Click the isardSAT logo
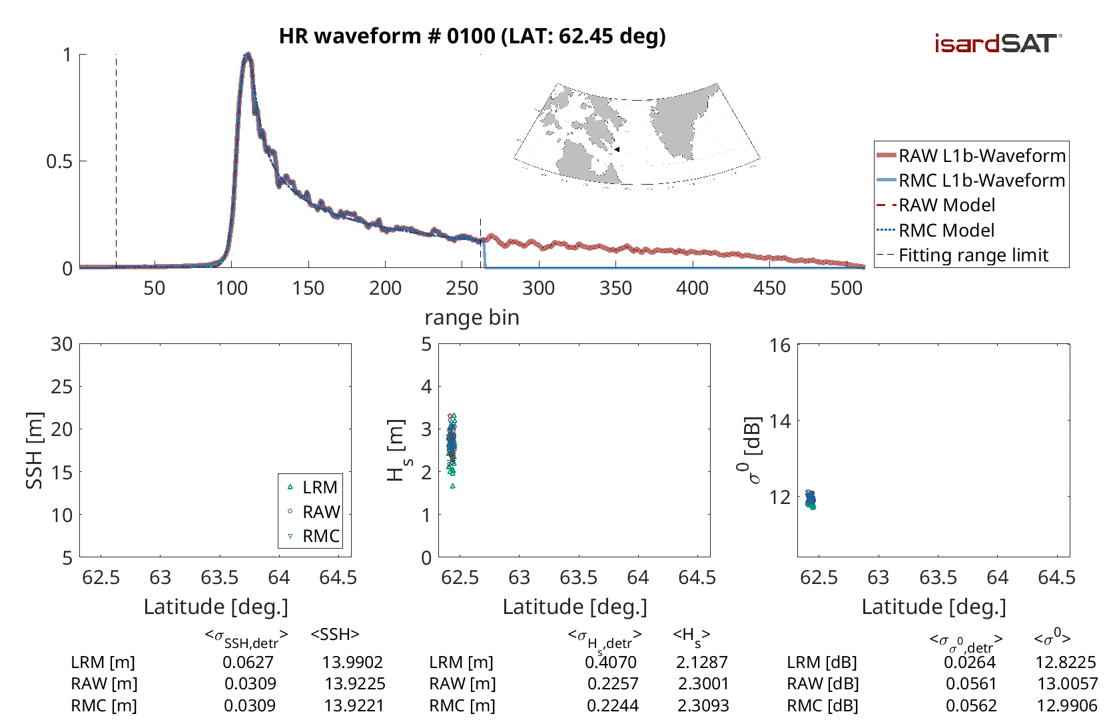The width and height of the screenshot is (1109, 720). tap(997, 44)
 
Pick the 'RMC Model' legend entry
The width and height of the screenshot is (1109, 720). tap(946, 231)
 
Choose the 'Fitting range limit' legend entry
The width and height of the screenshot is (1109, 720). tap(973, 255)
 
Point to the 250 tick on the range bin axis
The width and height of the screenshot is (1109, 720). tap(462, 288)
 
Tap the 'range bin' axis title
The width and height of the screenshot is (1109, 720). tap(472, 317)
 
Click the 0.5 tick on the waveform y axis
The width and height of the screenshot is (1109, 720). tap(59, 161)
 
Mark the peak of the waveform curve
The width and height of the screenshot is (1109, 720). tap(247, 55)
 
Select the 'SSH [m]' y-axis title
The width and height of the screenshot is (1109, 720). tap(34, 451)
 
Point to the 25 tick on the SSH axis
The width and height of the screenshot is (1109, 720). tap(62, 387)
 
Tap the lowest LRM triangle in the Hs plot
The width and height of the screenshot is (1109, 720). tap(453, 486)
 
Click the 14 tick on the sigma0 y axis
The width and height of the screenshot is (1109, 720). tap(780, 421)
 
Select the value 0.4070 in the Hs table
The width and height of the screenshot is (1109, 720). tap(611, 662)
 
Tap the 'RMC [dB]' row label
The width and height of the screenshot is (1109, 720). tap(823, 705)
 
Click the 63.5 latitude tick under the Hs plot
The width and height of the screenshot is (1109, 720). tap(578, 577)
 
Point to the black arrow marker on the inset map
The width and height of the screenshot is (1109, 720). tap(617, 149)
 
